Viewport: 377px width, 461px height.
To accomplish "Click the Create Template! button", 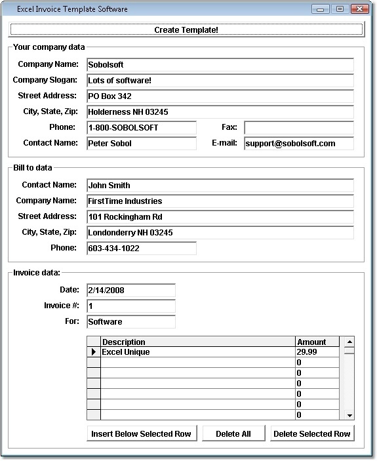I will tap(186, 30).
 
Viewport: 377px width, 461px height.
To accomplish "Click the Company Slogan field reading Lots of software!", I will tap(220, 80).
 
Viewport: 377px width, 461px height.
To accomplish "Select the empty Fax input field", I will tap(298, 127).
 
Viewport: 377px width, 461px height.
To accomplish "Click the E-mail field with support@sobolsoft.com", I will tap(298, 143).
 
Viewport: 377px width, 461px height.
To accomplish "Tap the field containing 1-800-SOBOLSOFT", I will tap(141, 127).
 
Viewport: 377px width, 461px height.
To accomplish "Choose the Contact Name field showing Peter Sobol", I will tap(141, 143).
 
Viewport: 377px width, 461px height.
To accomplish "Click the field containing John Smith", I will tap(220, 186).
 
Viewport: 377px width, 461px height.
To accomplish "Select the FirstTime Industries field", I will tap(220, 201).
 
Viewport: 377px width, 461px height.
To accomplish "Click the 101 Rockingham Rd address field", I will tap(220, 217).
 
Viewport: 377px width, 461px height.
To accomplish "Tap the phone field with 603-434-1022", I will tap(141, 249).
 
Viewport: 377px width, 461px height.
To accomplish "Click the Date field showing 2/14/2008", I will tap(130, 290).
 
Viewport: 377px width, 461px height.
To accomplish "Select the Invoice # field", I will tap(130, 306).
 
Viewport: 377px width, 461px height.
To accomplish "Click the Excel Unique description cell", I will tap(197, 352).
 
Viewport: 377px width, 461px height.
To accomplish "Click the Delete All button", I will tap(233, 433).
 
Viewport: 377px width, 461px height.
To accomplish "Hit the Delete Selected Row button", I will tap(311, 433).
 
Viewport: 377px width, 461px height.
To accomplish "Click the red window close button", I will tap(360, 9).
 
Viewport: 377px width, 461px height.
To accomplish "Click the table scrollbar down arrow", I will tap(349, 415).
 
